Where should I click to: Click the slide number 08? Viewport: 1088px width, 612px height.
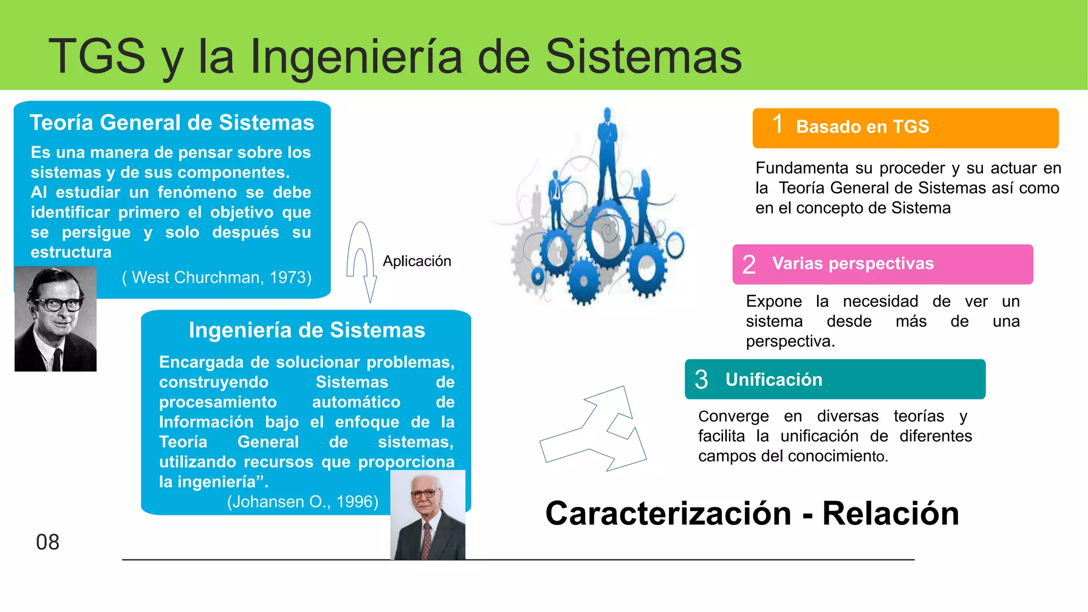(47, 542)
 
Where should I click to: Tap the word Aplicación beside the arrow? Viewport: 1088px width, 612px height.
(416, 261)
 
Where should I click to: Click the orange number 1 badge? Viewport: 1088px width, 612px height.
(777, 125)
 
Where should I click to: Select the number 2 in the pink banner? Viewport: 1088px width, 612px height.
(749, 265)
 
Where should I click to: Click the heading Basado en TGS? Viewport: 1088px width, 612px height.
(862, 126)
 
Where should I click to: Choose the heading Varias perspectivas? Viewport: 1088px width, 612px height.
(853, 263)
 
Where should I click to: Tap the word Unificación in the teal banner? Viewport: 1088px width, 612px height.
(773, 379)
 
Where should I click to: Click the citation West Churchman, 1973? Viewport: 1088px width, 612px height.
(217, 277)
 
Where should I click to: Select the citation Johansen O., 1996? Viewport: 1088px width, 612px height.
(302, 501)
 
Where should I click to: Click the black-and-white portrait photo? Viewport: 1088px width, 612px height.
(55, 319)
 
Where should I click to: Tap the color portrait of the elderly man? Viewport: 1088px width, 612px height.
(428, 515)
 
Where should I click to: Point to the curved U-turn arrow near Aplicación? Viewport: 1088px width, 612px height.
(361, 260)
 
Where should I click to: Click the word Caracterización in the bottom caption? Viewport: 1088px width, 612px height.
(668, 514)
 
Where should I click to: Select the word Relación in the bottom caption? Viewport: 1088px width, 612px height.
(890, 514)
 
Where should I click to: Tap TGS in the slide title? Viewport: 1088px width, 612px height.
(97, 56)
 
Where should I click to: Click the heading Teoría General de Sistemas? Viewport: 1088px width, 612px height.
(172, 123)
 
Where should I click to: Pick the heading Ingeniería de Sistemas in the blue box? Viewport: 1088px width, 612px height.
(307, 330)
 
